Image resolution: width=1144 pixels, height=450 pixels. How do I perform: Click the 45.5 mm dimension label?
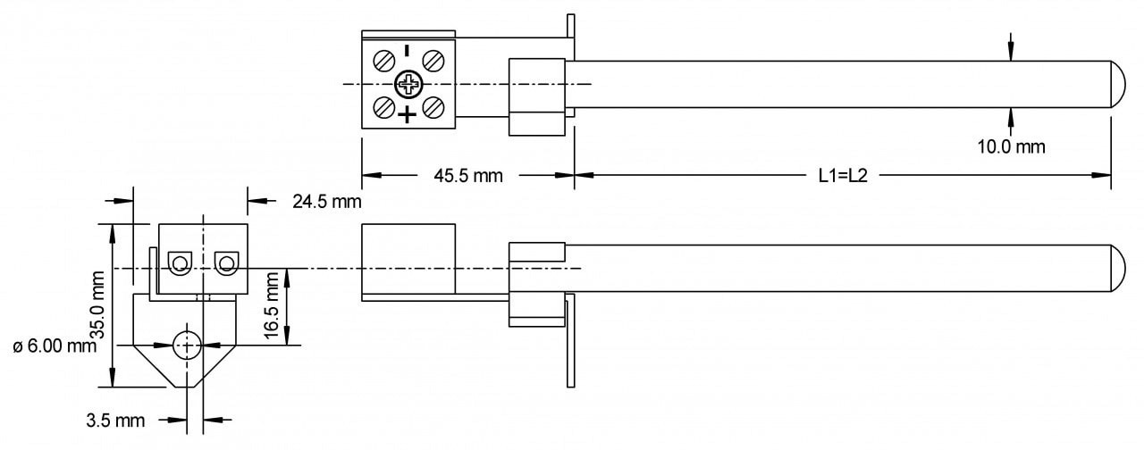tap(468, 176)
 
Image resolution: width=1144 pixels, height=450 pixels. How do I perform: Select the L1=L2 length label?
tap(843, 176)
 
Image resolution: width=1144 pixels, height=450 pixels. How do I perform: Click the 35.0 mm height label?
tap(100, 304)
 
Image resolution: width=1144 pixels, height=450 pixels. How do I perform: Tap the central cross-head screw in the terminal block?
tap(408, 85)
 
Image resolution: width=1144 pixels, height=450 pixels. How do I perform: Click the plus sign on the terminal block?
tap(408, 114)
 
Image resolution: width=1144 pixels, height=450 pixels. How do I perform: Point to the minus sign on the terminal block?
tap(408, 52)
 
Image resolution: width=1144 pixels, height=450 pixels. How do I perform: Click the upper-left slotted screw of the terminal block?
tap(384, 61)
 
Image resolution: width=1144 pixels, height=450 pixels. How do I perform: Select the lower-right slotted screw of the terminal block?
tap(433, 108)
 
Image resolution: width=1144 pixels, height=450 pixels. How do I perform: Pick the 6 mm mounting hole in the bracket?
tap(187, 344)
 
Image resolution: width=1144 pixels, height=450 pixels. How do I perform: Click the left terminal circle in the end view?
tap(181, 262)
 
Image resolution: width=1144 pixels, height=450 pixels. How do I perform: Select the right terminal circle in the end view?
tap(226, 262)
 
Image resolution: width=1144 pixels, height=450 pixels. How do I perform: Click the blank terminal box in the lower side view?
tap(408, 259)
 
